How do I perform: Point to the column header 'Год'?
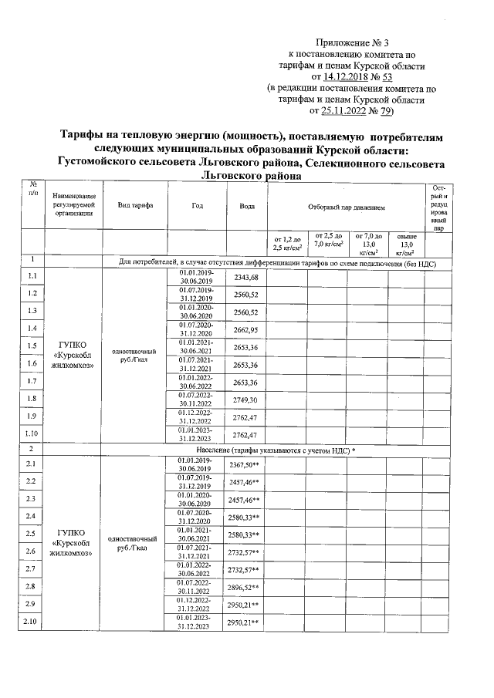point(198,207)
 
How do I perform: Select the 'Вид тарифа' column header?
point(135,207)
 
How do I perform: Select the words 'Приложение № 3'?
point(351,42)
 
